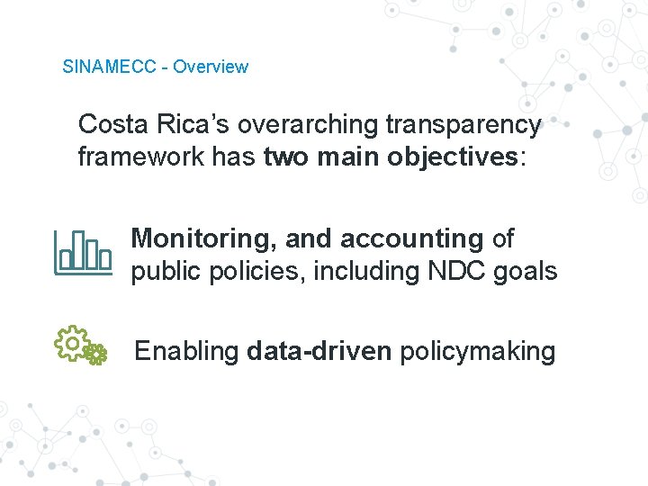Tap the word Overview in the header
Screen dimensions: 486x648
tap(211, 67)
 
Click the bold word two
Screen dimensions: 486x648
tap(285, 157)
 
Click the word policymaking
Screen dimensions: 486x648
tap(478, 351)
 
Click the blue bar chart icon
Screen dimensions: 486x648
tap(83, 254)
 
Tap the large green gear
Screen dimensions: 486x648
tap(70, 342)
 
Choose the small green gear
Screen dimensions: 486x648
tap(95, 354)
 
